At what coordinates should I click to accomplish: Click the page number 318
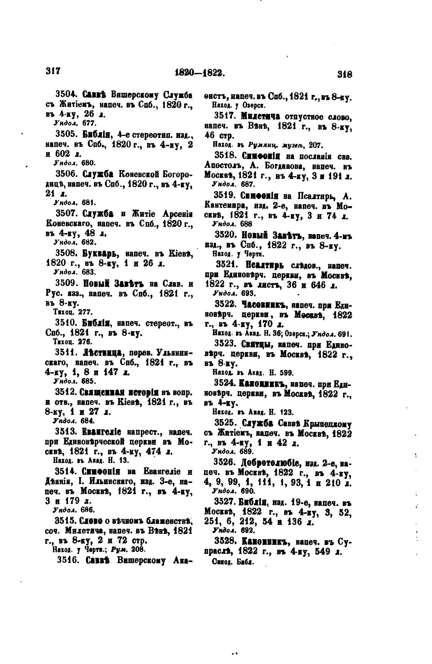click(x=344, y=74)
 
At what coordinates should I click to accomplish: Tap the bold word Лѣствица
click(x=102, y=353)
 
